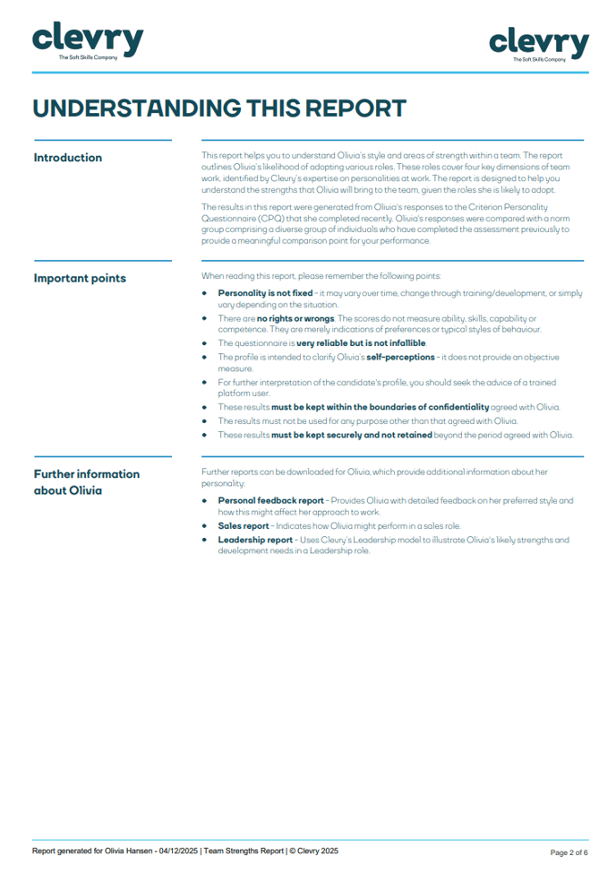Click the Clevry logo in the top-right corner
click(x=539, y=43)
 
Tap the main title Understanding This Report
click(x=219, y=108)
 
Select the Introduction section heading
click(x=68, y=158)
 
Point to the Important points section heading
click(x=80, y=278)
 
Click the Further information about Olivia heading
click(x=87, y=481)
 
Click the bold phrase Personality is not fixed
click(x=265, y=293)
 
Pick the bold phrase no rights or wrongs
click(x=295, y=318)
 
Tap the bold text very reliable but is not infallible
click(x=362, y=343)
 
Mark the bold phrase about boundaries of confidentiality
click(x=381, y=407)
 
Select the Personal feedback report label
click(x=270, y=500)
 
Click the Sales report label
click(x=246, y=526)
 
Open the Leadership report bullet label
click(x=255, y=540)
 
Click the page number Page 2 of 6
click(x=569, y=852)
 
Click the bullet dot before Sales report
click(x=205, y=526)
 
